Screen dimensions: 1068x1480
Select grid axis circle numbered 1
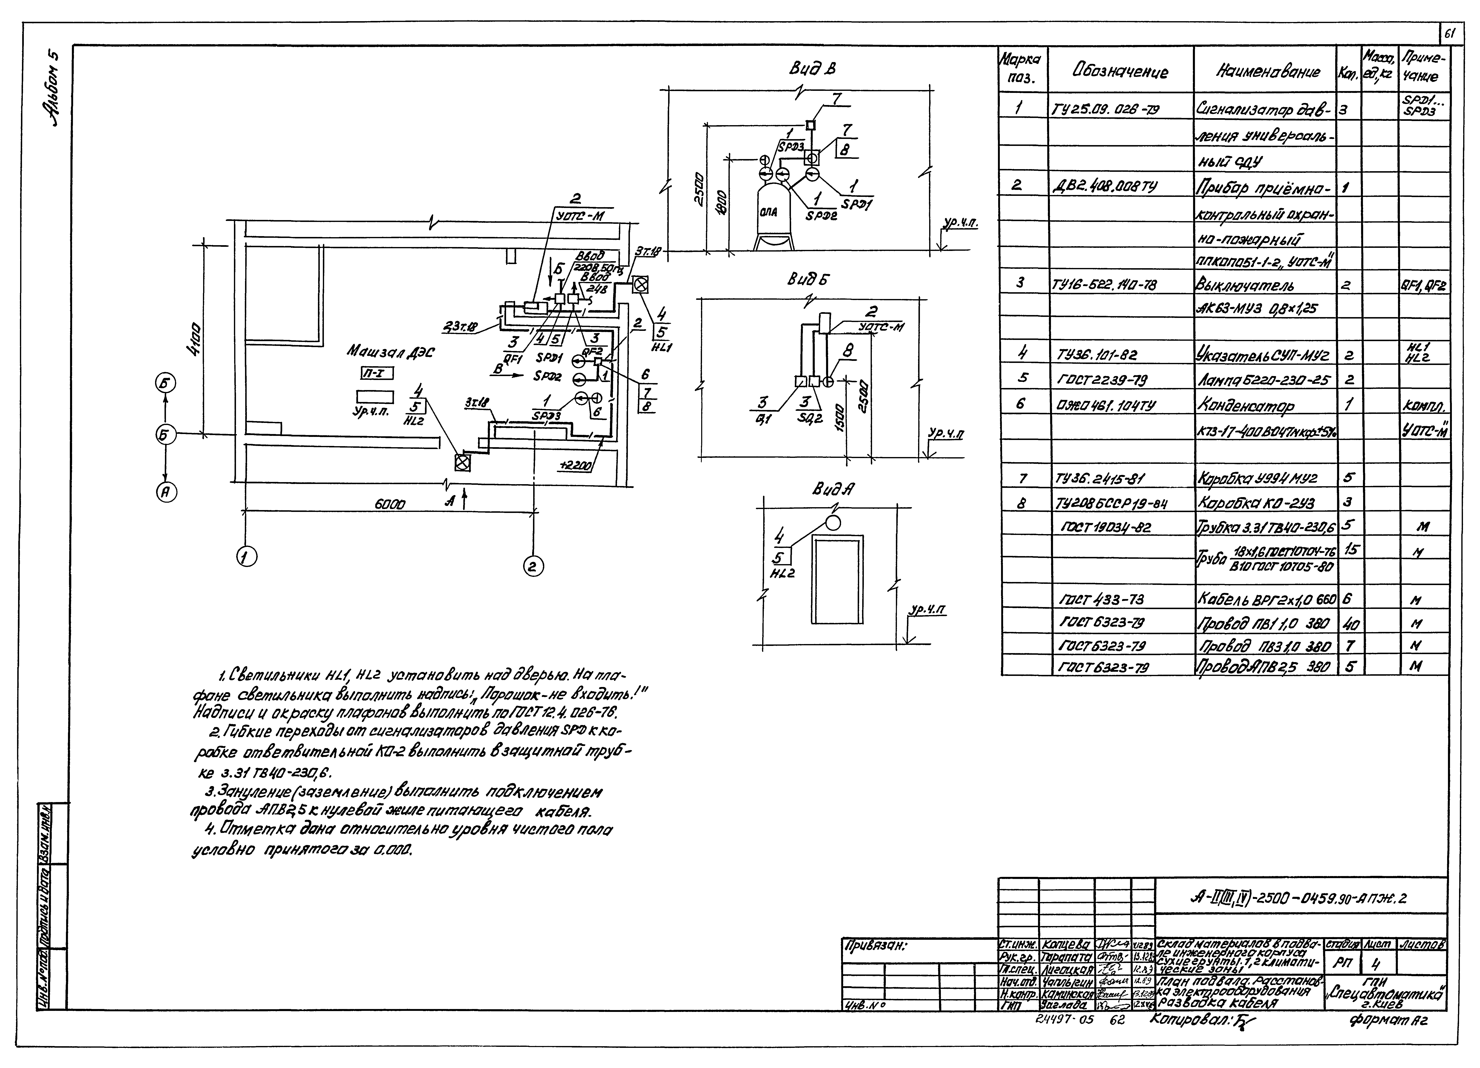[x=246, y=557]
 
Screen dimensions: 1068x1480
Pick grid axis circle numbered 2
[x=533, y=567]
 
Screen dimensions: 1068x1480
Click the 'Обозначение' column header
[x=1120, y=71]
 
